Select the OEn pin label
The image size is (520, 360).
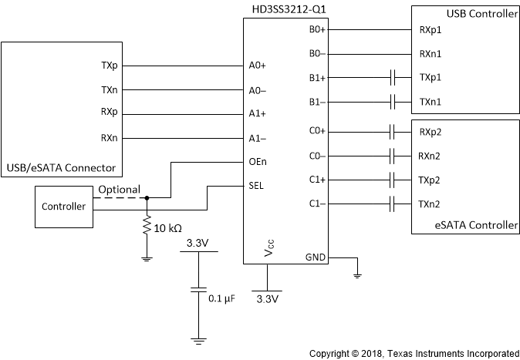[x=258, y=162]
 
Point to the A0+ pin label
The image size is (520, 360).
[x=258, y=66]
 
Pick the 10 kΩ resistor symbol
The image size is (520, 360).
[x=147, y=227]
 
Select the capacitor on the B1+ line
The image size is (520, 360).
[x=393, y=78]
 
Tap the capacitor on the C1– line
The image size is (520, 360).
[x=393, y=204]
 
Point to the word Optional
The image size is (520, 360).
[x=119, y=190]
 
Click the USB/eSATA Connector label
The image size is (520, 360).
[x=61, y=168]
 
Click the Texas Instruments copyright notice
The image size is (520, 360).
[x=414, y=352]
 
